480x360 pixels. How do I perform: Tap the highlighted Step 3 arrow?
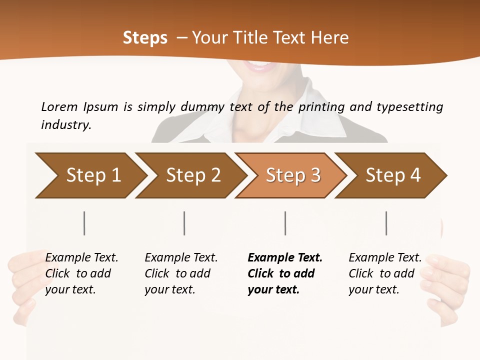(x=293, y=175)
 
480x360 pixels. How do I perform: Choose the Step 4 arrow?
(x=393, y=175)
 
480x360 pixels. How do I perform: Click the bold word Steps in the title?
(x=145, y=38)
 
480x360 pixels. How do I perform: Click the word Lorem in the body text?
(x=59, y=106)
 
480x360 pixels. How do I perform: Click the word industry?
(x=66, y=124)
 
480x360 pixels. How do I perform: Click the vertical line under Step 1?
(x=84, y=223)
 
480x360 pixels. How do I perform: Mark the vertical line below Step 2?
(x=184, y=223)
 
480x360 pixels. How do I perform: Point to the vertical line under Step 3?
(x=285, y=223)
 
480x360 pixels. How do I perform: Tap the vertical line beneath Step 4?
(x=386, y=223)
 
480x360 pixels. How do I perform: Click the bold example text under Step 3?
(x=285, y=273)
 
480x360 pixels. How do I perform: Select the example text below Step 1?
(x=81, y=273)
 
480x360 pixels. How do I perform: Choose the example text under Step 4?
(x=385, y=273)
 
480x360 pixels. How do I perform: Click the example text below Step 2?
(x=181, y=273)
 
